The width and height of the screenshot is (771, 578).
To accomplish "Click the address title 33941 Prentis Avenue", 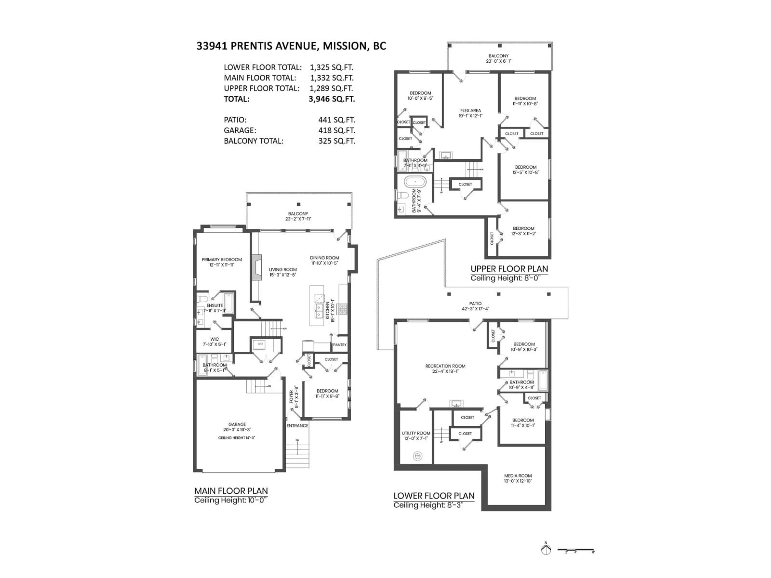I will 291,46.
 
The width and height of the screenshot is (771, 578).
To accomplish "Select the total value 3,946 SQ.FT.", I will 331,99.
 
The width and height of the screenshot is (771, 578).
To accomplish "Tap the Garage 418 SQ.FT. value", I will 336,130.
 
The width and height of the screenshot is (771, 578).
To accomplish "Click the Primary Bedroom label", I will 222,259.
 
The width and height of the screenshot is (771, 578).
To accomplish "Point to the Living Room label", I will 283,269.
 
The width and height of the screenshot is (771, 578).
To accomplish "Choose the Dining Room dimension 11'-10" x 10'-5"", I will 324,263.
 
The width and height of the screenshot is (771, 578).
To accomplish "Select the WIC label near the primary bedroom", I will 215,339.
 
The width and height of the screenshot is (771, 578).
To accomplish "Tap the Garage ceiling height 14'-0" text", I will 237,438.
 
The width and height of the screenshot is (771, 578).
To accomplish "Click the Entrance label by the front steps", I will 297,425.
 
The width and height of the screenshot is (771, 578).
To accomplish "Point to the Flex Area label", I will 471,110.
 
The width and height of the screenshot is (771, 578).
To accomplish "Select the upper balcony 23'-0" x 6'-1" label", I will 498,61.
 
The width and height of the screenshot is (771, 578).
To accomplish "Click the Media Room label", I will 518,476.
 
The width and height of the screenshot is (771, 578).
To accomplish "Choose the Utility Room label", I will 416,433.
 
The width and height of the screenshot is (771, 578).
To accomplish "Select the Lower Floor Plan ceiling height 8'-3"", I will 428,505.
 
